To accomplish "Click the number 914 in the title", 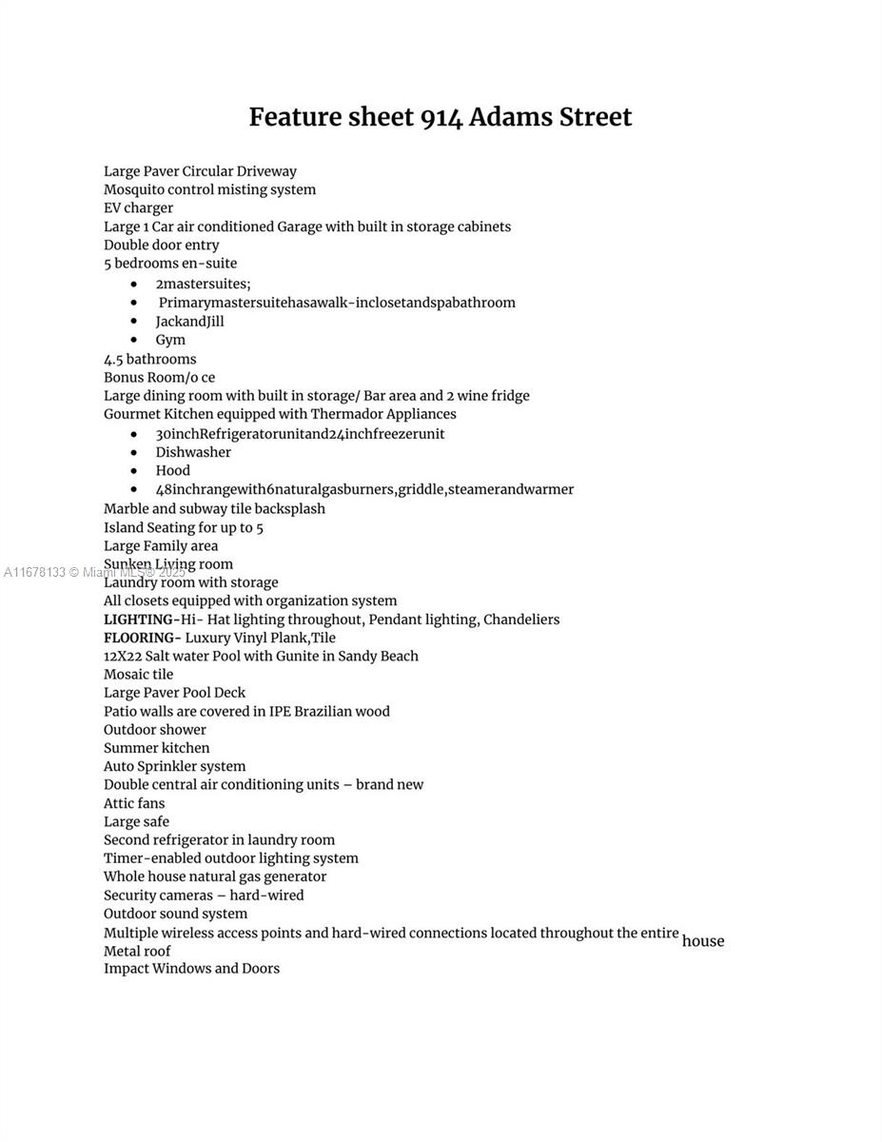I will [441, 117].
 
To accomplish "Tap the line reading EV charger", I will [138, 207].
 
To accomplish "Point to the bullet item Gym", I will [170, 340].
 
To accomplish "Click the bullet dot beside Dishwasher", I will [134, 453].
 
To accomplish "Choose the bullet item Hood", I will [172, 470].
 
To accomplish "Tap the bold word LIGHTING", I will [139, 620].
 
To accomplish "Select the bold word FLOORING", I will [140, 638].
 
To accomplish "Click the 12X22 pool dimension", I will [122, 656].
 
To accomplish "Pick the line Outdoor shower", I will [154, 729].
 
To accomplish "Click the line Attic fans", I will [134, 803].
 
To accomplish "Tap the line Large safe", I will [136, 821].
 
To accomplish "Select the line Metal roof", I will [137, 951].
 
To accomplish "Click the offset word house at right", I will [703, 941].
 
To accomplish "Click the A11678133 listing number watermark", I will [35, 572].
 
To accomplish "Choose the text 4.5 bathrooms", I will [149, 359].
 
